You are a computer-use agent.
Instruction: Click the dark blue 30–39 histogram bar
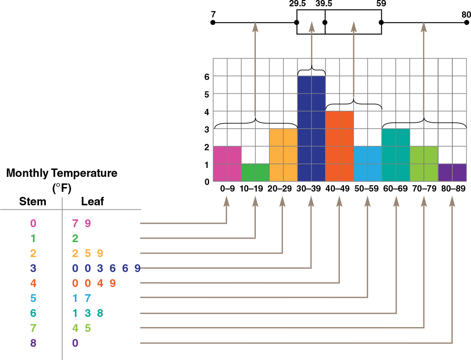click(x=311, y=129)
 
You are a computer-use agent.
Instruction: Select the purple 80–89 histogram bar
click(x=452, y=173)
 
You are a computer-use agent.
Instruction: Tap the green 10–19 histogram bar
click(x=255, y=173)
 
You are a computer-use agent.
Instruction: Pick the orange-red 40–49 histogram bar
click(x=339, y=146)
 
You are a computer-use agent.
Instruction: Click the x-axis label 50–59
click(x=366, y=189)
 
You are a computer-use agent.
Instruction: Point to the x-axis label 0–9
click(x=227, y=189)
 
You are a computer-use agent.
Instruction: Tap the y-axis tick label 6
click(x=207, y=77)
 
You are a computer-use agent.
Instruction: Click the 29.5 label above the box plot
click(x=297, y=4)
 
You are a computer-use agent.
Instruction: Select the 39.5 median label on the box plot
click(x=324, y=4)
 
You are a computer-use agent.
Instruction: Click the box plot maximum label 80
click(x=466, y=14)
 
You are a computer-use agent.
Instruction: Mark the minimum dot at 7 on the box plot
click(x=213, y=23)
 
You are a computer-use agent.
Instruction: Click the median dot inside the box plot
click(x=325, y=23)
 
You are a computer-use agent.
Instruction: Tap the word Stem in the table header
click(x=33, y=201)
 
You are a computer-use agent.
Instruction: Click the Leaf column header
click(x=93, y=201)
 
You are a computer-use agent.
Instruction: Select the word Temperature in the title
click(x=84, y=173)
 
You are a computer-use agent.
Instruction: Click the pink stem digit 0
click(x=33, y=223)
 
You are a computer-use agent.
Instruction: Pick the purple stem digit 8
click(x=33, y=343)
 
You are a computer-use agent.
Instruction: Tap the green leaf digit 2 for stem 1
click(x=75, y=239)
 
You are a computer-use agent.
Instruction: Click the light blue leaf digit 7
click(x=88, y=298)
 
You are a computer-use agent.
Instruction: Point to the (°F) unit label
click(x=62, y=188)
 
